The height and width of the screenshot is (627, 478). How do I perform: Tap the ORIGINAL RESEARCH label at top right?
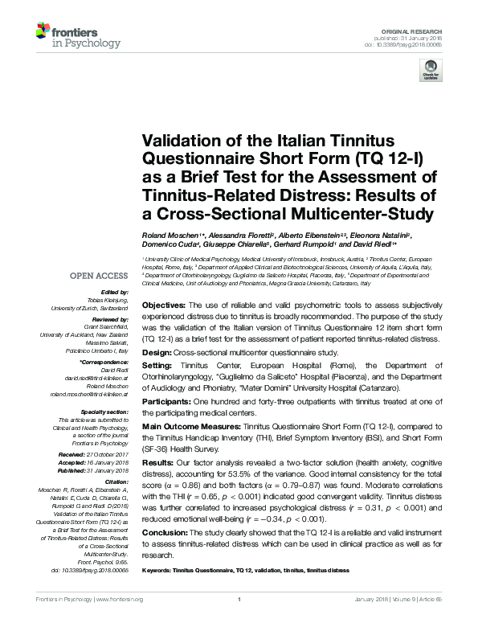[x=423, y=29]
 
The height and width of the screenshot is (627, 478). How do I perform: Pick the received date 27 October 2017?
[x=110, y=455]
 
